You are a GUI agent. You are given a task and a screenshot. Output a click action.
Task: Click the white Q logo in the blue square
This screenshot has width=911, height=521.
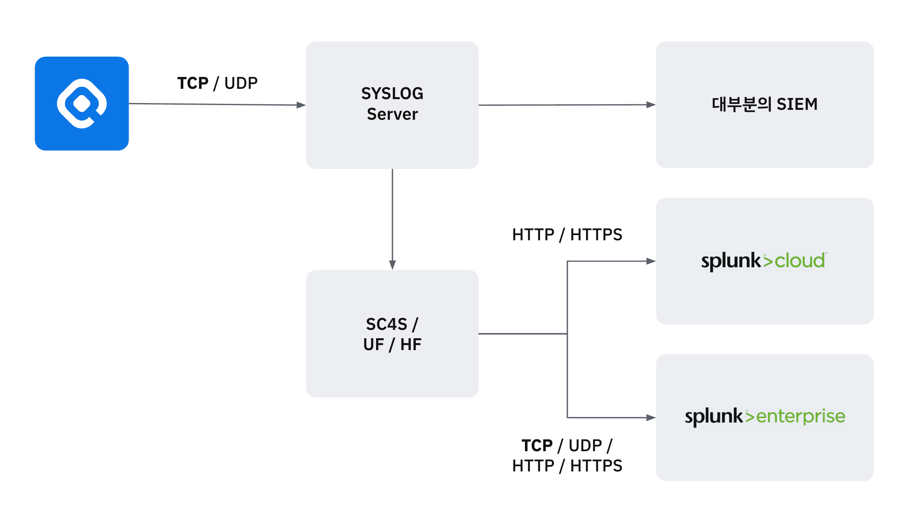(82, 103)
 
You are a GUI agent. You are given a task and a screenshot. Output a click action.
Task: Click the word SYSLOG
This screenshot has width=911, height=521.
(392, 94)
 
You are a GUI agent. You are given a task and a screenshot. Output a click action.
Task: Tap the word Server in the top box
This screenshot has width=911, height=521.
(392, 114)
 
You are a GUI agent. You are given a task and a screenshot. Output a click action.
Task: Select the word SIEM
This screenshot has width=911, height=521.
(797, 104)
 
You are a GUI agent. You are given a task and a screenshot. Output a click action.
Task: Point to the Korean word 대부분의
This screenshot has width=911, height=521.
(741, 104)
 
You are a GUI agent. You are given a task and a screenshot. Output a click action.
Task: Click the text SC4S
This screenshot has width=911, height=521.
(386, 324)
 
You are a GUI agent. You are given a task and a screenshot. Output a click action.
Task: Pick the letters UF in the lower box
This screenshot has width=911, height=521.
(374, 345)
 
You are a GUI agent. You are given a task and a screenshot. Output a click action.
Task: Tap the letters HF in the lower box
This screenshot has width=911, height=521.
(411, 345)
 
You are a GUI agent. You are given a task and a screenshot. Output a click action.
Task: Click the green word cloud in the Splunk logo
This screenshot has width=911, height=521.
(800, 261)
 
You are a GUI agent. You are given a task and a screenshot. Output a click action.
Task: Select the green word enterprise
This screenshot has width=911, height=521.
(801, 416)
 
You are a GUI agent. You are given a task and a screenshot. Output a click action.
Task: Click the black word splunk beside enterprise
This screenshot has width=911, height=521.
(713, 417)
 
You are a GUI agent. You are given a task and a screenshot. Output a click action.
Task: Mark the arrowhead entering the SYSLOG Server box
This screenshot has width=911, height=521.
(301, 105)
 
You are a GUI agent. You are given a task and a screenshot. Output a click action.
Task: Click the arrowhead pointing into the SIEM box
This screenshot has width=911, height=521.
(651, 105)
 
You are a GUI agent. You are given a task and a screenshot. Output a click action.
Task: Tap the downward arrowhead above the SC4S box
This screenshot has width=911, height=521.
(392, 265)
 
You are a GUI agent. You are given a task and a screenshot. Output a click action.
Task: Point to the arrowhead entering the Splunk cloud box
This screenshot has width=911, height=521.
(651, 261)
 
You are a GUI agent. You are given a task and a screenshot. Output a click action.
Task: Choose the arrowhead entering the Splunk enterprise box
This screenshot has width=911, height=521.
(651, 418)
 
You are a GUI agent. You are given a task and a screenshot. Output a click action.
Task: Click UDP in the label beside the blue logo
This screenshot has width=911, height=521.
(241, 83)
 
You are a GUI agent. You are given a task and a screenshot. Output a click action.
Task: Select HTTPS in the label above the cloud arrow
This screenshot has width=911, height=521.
(596, 235)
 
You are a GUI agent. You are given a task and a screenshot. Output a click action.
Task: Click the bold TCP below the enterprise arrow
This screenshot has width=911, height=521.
(537, 446)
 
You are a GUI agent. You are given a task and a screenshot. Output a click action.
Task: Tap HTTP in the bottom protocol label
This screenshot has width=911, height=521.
(533, 466)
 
